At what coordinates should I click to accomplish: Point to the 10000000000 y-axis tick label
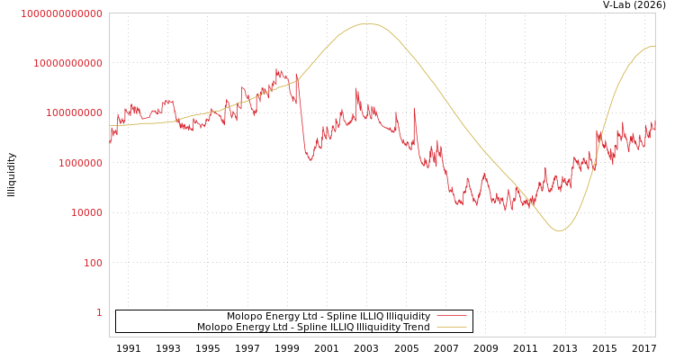click(67, 63)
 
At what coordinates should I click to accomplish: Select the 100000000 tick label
click(74, 113)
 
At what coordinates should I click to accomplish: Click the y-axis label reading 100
click(93, 263)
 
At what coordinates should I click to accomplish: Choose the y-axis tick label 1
click(99, 312)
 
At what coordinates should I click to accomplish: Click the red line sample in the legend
click(451, 316)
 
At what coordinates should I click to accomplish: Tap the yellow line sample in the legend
click(451, 327)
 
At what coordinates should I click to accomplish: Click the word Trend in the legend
click(416, 327)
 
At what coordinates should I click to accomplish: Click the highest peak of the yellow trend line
click(367, 23)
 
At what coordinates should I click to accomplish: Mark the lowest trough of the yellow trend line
click(559, 231)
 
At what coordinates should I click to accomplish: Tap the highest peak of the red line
click(277, 69)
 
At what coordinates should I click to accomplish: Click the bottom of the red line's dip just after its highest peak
click(310, 160)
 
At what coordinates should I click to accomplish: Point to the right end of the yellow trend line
click(654, 45)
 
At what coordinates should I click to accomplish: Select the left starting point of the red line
click(110, 142)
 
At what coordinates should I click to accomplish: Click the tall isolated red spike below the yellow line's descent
click(414, 109)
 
